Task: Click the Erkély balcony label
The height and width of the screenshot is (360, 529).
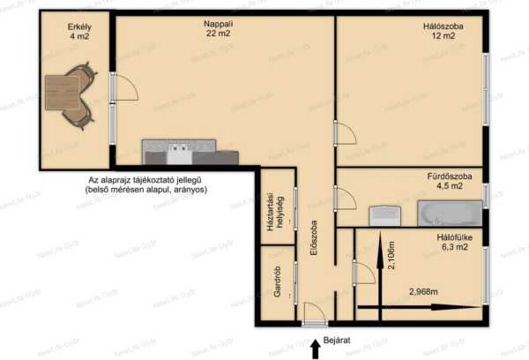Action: (x=79, y=26)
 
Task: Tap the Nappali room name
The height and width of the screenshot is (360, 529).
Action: (x=219, y=24)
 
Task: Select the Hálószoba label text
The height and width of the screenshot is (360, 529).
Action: (x=443, y=26)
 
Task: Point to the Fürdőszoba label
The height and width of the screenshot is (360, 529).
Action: (x=450, y=176)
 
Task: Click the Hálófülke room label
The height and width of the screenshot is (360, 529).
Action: (x=454, y=237)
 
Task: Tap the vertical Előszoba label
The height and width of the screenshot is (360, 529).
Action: (x=314, y=237)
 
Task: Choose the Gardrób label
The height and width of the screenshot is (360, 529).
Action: (x=278, y=281)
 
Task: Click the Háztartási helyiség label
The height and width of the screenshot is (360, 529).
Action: (x=275, y=212)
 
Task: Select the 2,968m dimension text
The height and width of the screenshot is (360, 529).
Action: (x=423, y=291)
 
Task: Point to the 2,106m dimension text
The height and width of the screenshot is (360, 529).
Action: (x=391, y=255)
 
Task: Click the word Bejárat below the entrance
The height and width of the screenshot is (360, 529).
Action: (x=337, y=341)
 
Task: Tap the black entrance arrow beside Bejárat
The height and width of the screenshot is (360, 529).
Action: (x=316, y=349)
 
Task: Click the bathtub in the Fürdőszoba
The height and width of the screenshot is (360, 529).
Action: (x=450, y=214)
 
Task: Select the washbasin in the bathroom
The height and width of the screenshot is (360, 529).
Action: (x=384, y=216)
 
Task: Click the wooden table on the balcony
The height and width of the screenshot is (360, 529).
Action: (x=63, y=93)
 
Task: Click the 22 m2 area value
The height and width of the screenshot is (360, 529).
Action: (x=219, y=34)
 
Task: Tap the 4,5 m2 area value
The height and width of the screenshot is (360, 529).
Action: (x=450, y=186)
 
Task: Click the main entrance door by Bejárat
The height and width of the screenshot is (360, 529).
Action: (x=315, y=314)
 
